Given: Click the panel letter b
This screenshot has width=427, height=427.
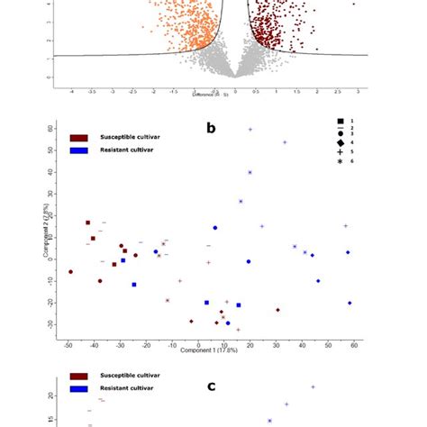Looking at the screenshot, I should click(211, 128).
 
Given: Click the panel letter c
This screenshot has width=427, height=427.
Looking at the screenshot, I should click(211, 386).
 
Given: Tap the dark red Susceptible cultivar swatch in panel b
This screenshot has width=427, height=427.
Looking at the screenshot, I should click(78, 137).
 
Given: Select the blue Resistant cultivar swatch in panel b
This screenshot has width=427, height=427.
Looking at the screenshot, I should click(78, 150).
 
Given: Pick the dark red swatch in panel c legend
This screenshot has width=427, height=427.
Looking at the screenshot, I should click(78, 376).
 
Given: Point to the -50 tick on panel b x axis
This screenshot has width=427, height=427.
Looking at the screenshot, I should click(68, 343).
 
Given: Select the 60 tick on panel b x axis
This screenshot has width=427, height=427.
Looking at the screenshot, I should click(355, 343).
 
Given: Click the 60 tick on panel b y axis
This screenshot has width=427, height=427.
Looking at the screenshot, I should click(51, 129).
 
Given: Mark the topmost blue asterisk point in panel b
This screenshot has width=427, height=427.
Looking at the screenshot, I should click(250, 130).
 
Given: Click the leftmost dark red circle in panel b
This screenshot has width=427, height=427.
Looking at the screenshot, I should click(71, 271).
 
